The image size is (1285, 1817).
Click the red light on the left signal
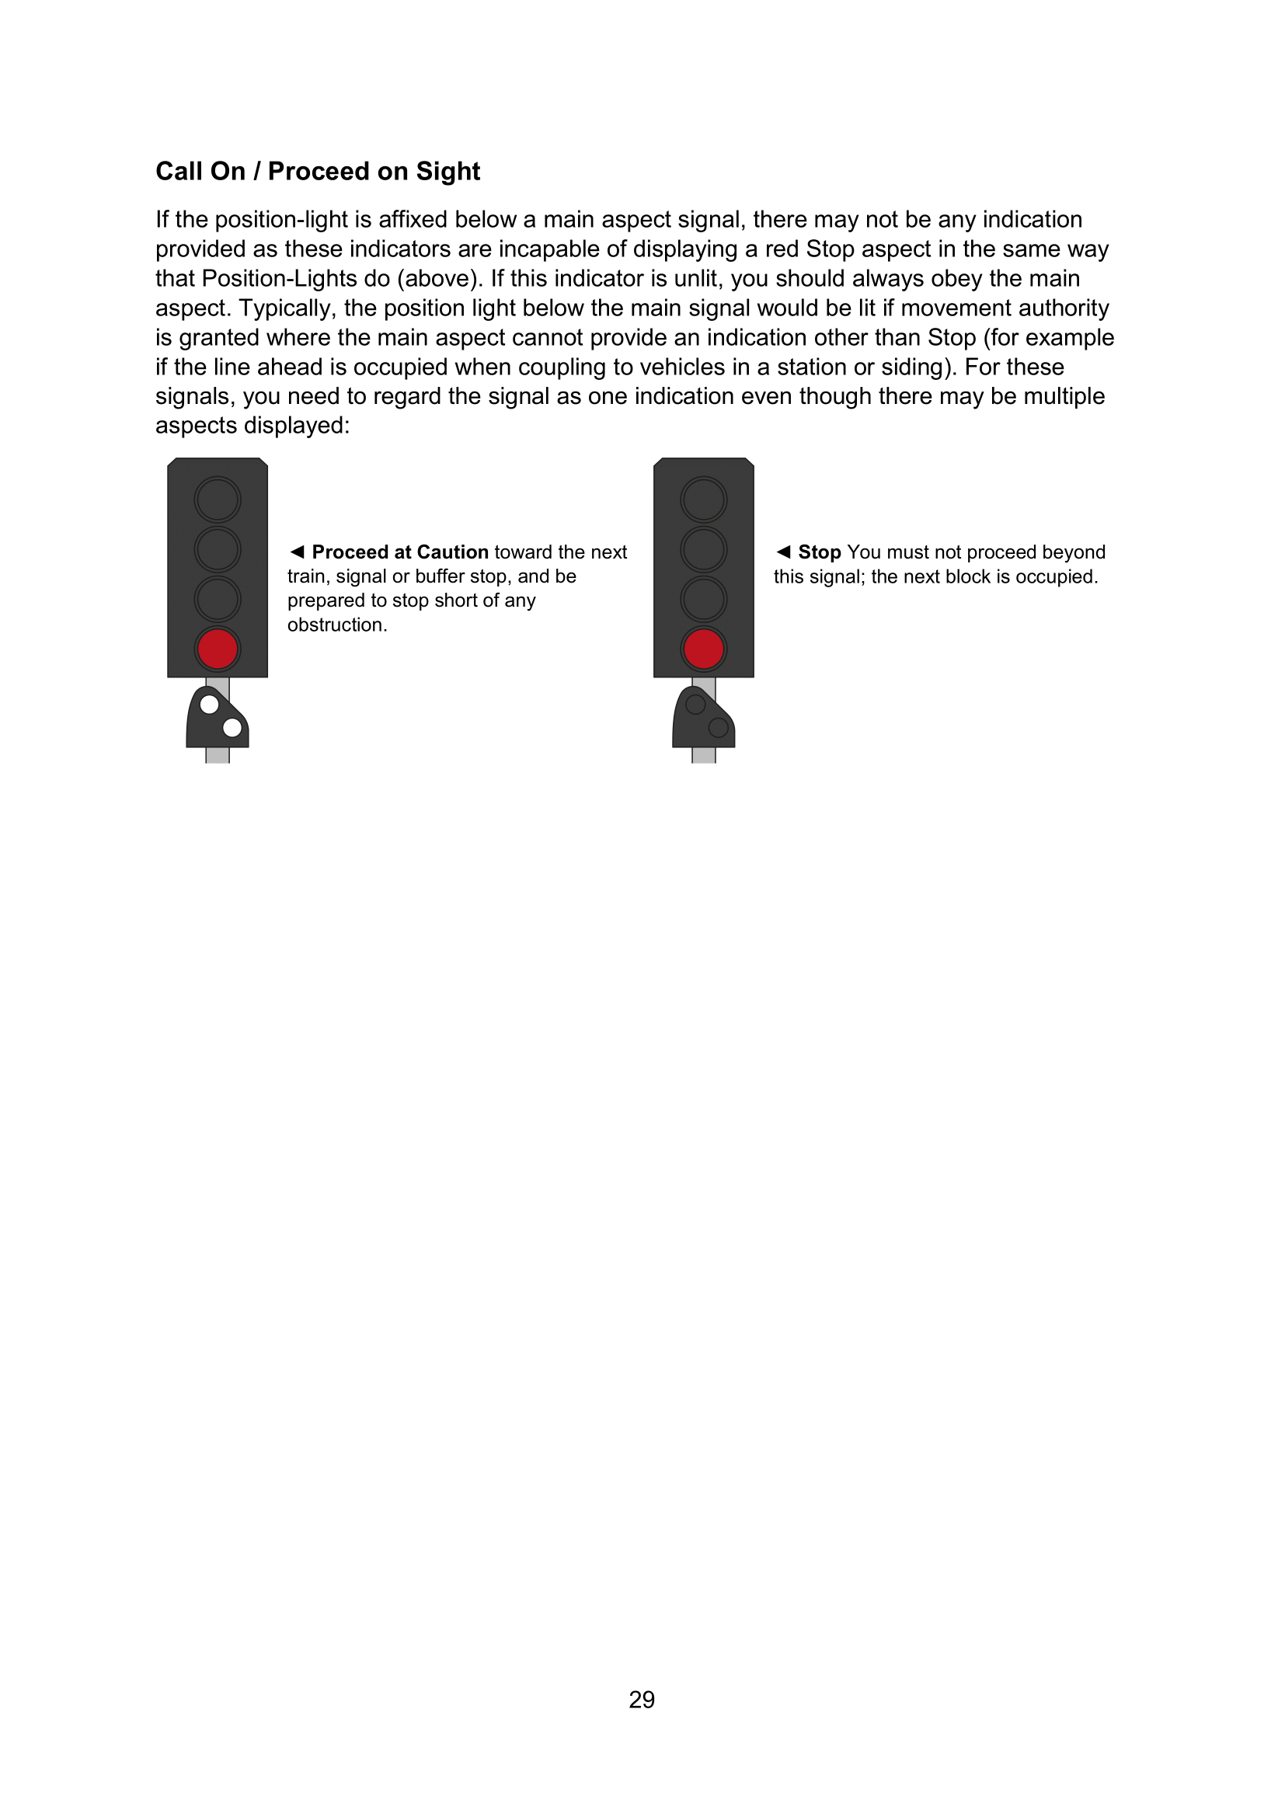218,649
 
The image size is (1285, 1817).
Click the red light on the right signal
703,649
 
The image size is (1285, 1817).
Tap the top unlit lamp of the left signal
218,500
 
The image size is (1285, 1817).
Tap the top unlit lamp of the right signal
703,500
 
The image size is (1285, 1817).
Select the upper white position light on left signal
210,704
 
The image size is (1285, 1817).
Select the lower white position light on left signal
232,726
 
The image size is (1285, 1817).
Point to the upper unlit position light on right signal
695,704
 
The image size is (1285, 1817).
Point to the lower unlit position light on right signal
719,726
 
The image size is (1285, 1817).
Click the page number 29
642,1699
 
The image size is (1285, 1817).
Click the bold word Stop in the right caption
819,552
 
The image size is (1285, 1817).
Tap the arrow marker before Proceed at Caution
297,552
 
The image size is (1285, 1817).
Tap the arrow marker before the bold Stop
783,552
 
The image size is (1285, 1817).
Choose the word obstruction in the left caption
336,625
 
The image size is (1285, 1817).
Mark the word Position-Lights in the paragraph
280,279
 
